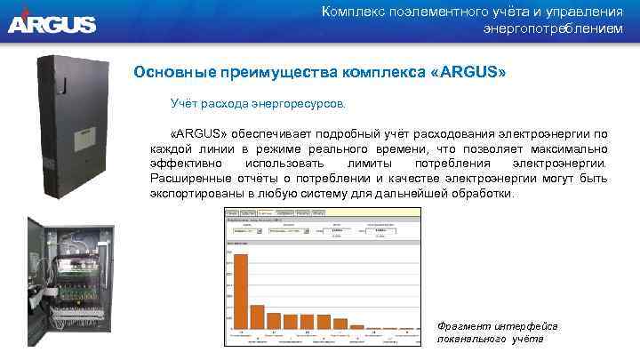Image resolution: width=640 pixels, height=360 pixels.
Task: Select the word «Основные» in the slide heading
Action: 173,71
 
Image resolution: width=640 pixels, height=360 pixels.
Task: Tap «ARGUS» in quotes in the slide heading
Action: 468,71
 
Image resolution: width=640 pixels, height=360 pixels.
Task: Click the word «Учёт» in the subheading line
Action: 185,105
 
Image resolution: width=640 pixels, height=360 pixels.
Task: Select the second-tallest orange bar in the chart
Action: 258,316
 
